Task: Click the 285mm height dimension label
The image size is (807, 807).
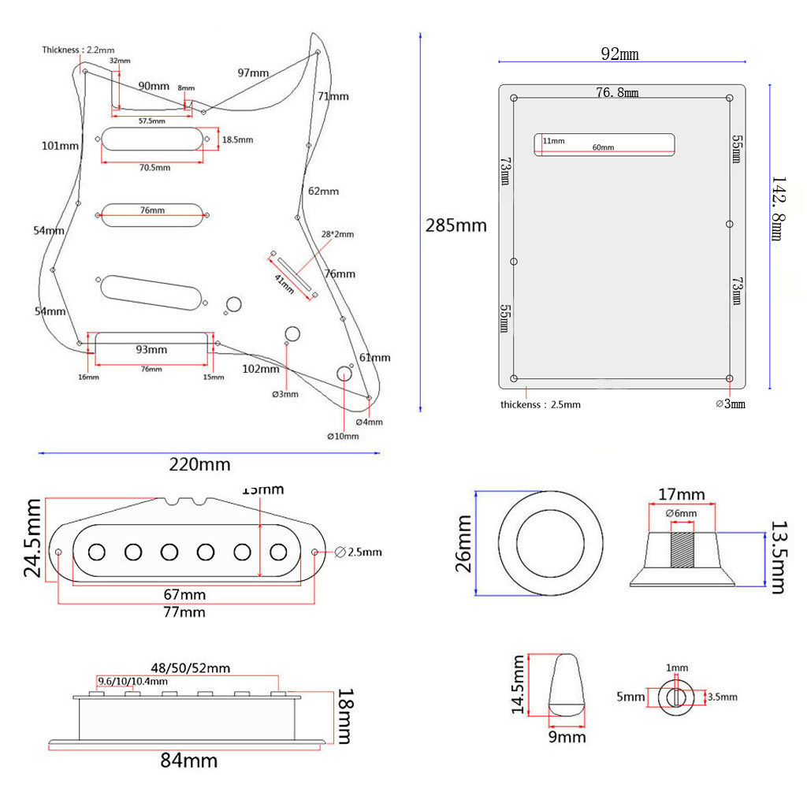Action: [x=456, y=225]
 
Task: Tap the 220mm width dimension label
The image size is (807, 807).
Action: [x=200, y=464]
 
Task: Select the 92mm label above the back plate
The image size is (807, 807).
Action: [x=619, y=54]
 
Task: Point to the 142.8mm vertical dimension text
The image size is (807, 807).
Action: [x=778, y=209]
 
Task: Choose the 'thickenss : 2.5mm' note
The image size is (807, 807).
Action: [x=541, y=404]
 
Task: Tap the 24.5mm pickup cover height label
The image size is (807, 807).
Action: [x=33, y=537]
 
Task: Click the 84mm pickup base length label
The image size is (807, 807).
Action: [x=189, y=761]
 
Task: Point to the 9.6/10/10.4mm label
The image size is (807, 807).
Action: [x=132, y=682]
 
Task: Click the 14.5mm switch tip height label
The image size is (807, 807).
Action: [x=518, y=685]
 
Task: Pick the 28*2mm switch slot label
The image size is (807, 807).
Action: [x=337, y=235]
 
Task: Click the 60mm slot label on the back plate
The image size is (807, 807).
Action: [x=603, y=147]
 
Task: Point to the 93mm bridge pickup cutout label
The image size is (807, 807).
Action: [x=151, y=349]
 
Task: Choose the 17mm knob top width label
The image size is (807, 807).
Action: [x=681, y=495]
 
